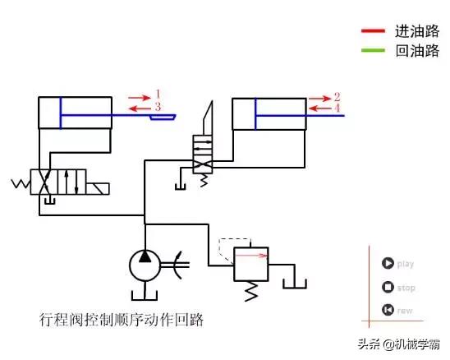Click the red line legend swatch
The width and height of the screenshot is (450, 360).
(x=373, y=32)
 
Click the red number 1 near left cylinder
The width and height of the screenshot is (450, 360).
(x=158, y=93)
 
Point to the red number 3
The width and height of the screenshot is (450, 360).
(x=158, y=107)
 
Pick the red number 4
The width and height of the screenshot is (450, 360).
(x=337, y=108)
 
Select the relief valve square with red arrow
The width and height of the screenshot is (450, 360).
(x=251, y=263)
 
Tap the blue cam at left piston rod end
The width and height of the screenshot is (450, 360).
(x=163, y=118)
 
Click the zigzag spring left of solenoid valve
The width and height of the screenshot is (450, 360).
(x=19, y=182)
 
